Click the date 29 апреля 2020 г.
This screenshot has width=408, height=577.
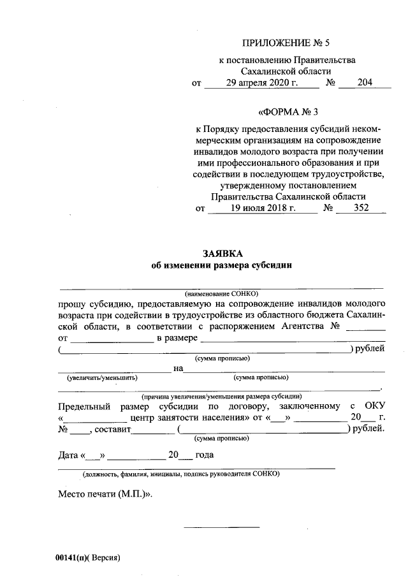click(262, 83)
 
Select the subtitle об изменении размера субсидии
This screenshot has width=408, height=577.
click(221, 266)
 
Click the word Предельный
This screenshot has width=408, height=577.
click(84, 406)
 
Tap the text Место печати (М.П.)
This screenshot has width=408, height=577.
click(106, 494)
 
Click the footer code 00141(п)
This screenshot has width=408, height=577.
click(72, 557)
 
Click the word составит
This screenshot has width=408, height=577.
click(113, 430)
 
